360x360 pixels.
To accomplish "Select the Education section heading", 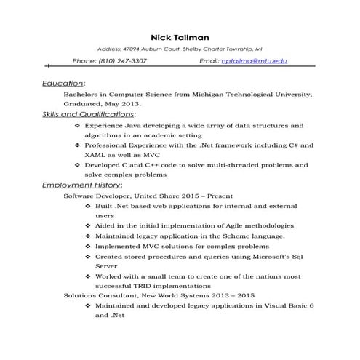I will [x=63, y=84].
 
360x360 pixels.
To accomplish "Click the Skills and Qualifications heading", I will [x=88, y=114].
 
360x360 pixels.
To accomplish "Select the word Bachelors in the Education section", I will [x=82, y=95].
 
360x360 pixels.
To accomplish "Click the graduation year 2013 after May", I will [x=127, y=104].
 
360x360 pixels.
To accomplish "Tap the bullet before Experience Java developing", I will [x=78, y=125].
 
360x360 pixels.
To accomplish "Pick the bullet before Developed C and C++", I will [x=78, y=165].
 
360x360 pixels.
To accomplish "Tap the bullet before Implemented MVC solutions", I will [x=88, y=247].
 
